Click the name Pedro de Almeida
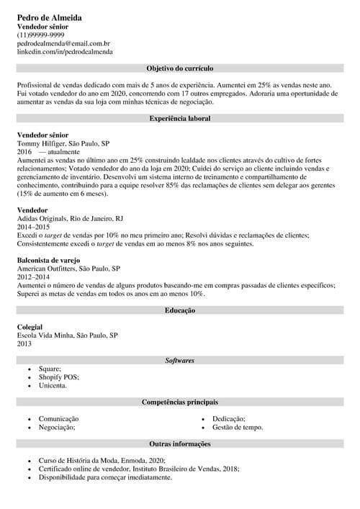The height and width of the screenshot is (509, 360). pos(49,17)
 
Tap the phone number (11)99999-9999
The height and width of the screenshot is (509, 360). pos(40,35)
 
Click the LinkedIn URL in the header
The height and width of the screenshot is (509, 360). pos(65,52)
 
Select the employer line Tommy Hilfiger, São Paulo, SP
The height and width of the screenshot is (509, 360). pos(63,143)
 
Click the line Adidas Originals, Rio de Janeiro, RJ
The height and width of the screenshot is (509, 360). pos(70,217)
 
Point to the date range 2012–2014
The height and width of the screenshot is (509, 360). pos(33,276)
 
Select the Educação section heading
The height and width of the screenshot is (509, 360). pos(180,310)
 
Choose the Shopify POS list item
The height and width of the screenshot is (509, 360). pos(59,377)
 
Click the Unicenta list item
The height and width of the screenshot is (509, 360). pos(53,386)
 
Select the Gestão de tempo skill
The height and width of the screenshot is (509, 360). pos(238,428)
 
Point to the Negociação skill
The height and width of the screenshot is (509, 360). pos(57,428)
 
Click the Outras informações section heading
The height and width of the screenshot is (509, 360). pos(179,444)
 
